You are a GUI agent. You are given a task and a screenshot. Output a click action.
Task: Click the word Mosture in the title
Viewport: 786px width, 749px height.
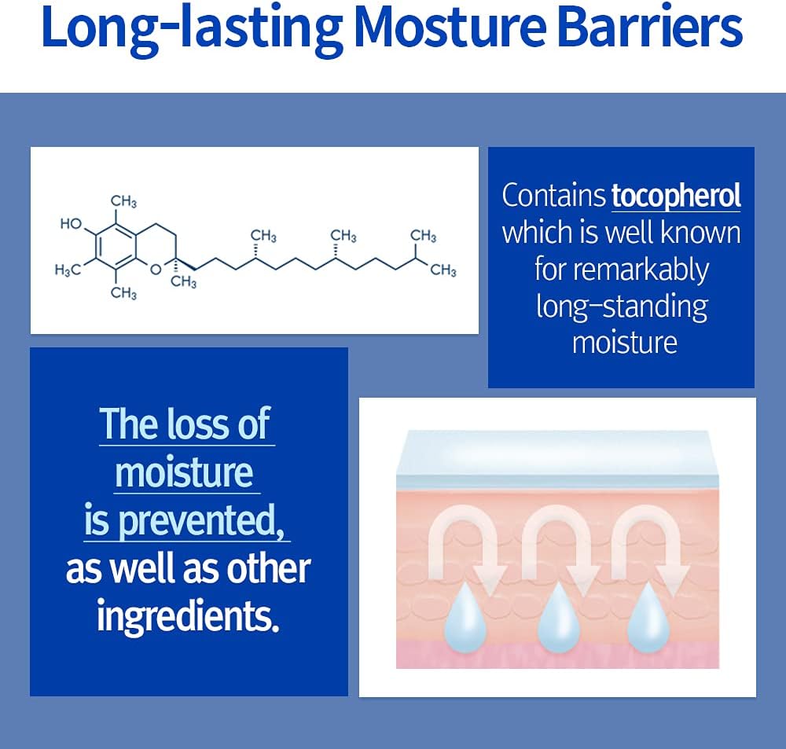(x=450, y=27)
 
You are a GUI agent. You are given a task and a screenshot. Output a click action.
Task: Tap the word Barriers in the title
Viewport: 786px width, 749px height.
(x=650, y=27)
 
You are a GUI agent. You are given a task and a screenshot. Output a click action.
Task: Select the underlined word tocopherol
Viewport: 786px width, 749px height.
(x=676, y=196)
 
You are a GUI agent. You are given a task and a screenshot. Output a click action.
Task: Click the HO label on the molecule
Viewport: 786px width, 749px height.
(x=71, y=223)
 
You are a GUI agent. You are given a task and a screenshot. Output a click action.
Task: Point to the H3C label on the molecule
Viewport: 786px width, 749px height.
(x=67, y=270)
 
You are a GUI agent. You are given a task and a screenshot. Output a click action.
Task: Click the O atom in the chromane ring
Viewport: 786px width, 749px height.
(x=156, y=270)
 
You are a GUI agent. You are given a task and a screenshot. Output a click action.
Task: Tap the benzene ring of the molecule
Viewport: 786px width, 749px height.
(x=116, y=246)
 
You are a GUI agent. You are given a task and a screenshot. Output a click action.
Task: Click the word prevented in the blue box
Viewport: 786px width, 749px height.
(x=201, y=520)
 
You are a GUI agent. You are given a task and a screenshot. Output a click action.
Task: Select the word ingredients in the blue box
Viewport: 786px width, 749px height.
(x=188, y=615)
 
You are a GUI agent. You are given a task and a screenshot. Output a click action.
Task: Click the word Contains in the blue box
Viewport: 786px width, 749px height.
(x=554, y=196)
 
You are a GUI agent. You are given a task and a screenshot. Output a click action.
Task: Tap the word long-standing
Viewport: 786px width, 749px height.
(x=622, y=307)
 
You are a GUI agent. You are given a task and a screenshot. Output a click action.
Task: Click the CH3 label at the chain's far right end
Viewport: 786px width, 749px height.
(x=443, y=270)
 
